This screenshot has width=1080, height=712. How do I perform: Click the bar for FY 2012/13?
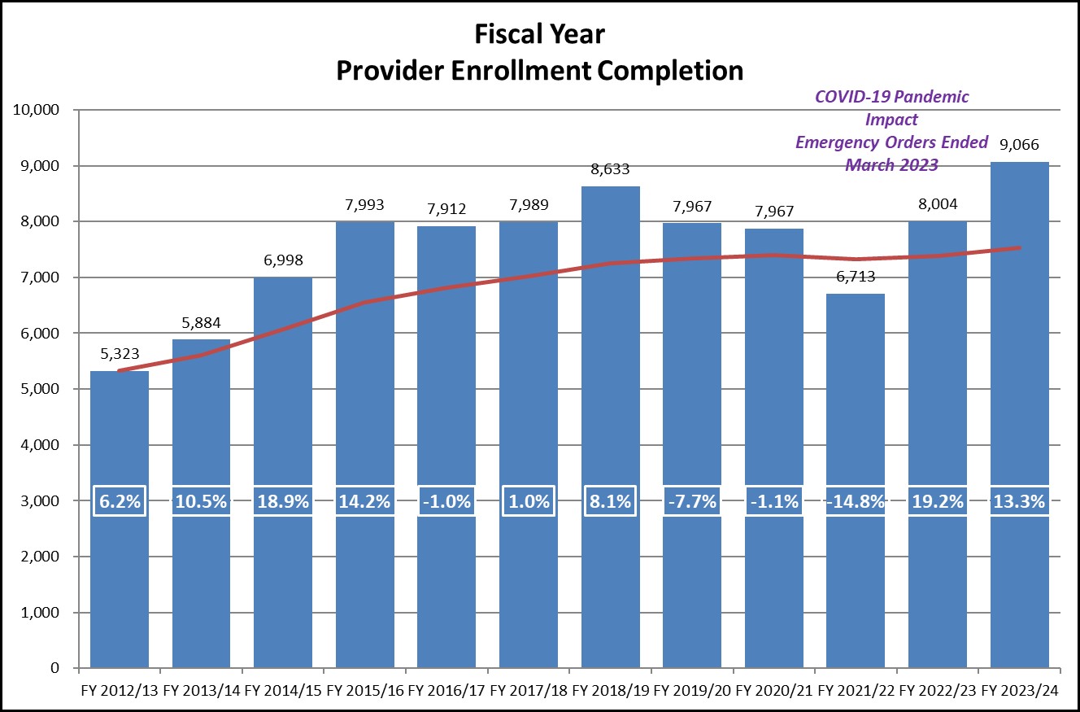point(119,570)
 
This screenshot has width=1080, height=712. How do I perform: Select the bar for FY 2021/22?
point(855,570)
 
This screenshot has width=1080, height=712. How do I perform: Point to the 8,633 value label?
point(610,171)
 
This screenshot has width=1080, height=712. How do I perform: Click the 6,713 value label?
point(855,277)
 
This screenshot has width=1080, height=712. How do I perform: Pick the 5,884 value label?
point(201,324)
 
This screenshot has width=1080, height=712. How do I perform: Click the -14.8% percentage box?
point(855,501)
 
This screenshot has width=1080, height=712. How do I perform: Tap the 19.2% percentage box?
point(937,501)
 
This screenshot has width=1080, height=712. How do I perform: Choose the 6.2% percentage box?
point(119,501)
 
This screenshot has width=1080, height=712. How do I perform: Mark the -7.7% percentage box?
point(691,501)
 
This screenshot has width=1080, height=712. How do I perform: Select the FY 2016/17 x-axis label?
point(446,691)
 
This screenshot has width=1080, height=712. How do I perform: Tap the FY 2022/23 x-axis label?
point(937,691)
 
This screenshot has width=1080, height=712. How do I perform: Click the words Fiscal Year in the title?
point(539,34)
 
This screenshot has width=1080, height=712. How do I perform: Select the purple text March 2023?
point(891,164)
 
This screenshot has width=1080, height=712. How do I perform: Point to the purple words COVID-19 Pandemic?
point(891,97)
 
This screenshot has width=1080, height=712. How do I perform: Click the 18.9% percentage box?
point(283,501)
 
